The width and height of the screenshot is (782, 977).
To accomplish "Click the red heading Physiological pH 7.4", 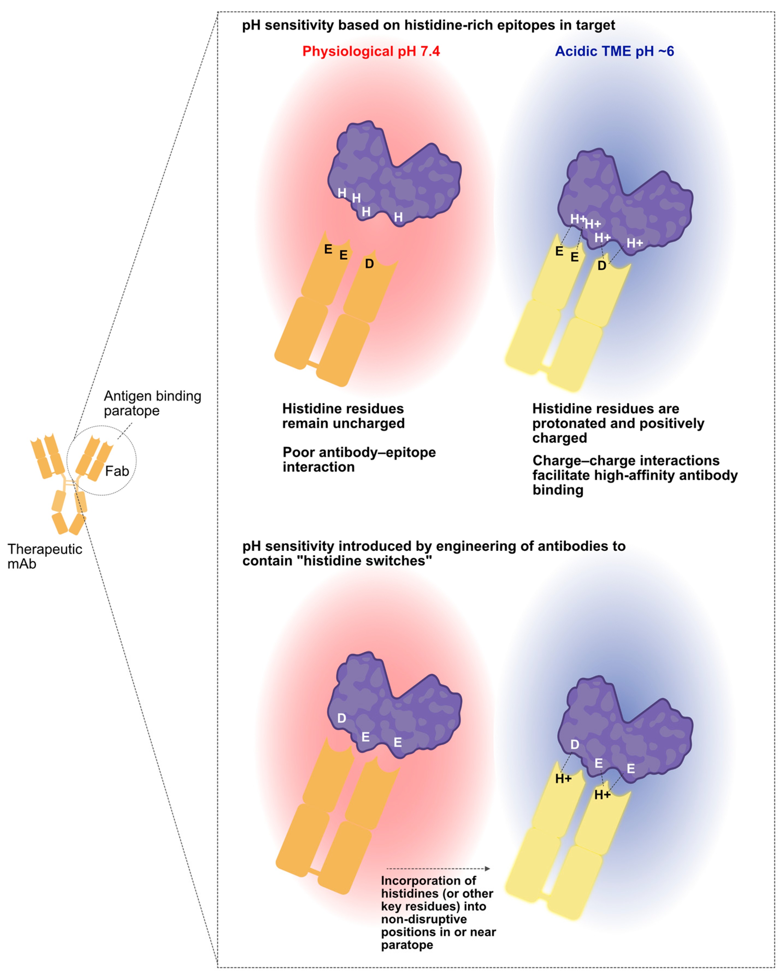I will pyautogui.click(x=371, y=51).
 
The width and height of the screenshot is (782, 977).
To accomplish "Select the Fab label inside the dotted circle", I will pyautogui.click(x=117, y=471).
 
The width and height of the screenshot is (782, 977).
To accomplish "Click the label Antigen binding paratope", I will pyautogui.click(x=152, y=403).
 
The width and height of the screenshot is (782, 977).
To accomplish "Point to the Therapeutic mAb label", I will pyautogui.click(x=44, y=556).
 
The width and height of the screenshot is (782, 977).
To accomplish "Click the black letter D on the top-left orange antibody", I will pyautogui.click(x=369, y=264).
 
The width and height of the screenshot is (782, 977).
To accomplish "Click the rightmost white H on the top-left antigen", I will pyautogui.click(x=398, y=217).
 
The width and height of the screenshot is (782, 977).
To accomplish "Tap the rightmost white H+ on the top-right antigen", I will pyautogui.click(x=635, y=243).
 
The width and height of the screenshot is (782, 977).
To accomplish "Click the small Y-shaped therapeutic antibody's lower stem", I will pyautogui.click(x=69, y=512).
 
